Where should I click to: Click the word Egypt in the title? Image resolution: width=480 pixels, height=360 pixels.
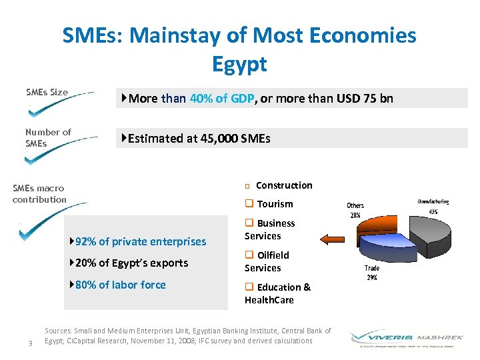click(239, 64)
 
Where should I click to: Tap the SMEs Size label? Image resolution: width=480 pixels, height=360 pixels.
click(47, 92)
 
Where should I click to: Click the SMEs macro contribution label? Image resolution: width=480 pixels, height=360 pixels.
click(39, 194)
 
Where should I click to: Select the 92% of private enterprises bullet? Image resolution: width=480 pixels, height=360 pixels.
click(141, 241)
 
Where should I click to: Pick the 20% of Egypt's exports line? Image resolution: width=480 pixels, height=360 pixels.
click(132, 263)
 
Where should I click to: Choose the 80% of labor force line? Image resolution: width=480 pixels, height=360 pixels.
click(121, 285)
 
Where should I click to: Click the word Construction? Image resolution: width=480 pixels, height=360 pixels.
click(284, 185)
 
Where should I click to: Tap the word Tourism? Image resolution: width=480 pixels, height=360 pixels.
click(275, 204)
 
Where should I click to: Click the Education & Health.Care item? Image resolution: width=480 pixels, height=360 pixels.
click(278, 293)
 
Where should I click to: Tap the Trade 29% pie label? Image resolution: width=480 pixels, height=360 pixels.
click(372, 272)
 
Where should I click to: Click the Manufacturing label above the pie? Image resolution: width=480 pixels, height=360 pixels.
click(433, 201)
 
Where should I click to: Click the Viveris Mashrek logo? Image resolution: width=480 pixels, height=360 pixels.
click(404, 338)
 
